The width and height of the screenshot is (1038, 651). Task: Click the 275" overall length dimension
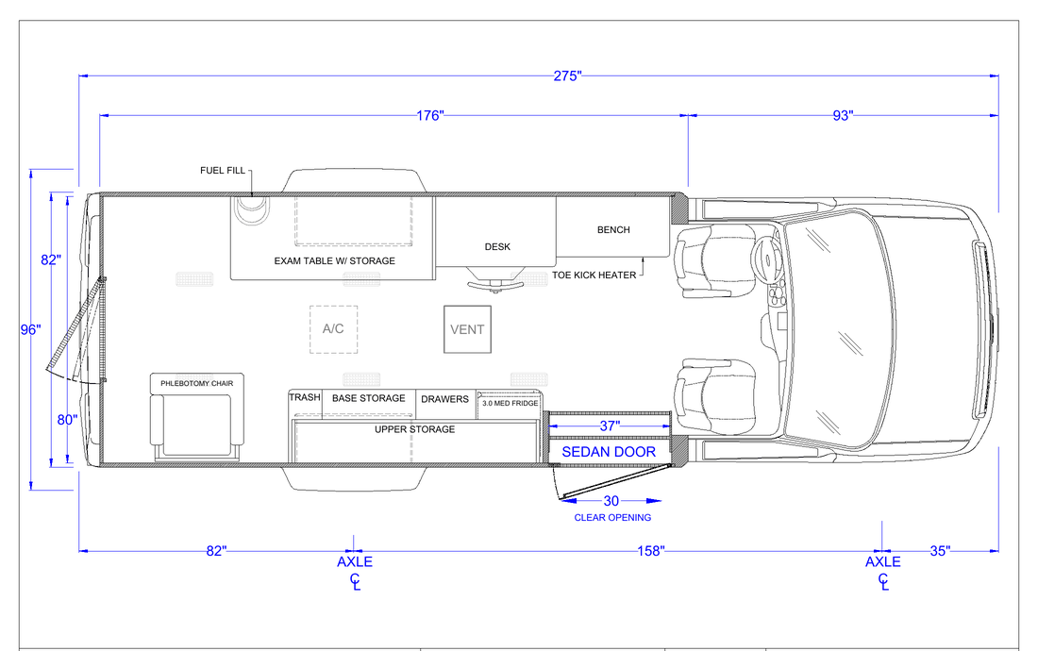[x=567, y=76]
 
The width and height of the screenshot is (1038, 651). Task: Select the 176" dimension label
[x=429, y=116]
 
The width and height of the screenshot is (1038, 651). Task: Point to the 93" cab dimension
[x=843, y=116]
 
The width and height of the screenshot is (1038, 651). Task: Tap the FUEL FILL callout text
[x=223, y=171]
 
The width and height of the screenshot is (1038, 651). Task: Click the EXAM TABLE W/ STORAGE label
[x=334, y=261]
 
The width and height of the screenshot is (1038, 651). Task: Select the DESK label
[x=497, y=247]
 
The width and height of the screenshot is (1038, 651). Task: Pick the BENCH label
[x=613, y=229]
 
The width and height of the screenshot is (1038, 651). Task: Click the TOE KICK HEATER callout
[x=594, y=275]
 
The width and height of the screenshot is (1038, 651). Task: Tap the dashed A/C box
[x=334, y=329]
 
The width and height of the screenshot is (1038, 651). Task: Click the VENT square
[x=467, y=329]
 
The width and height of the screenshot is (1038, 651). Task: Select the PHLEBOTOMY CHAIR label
[x=196, y=384]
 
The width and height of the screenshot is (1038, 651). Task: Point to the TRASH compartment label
[x=305, y=397]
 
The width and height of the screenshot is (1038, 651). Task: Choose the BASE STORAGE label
[x=369, y=398]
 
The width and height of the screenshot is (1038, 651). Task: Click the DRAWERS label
[x=444, y=399]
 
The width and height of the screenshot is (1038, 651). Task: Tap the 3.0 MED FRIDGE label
[x=510, y=403]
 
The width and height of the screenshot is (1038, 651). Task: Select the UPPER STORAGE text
[x=415, y=429]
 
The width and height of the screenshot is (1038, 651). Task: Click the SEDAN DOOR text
[x=609, y=452]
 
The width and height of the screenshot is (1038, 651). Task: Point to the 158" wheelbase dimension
[x=651, y=550]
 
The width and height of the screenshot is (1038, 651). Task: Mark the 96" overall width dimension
[x=30, y=329]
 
